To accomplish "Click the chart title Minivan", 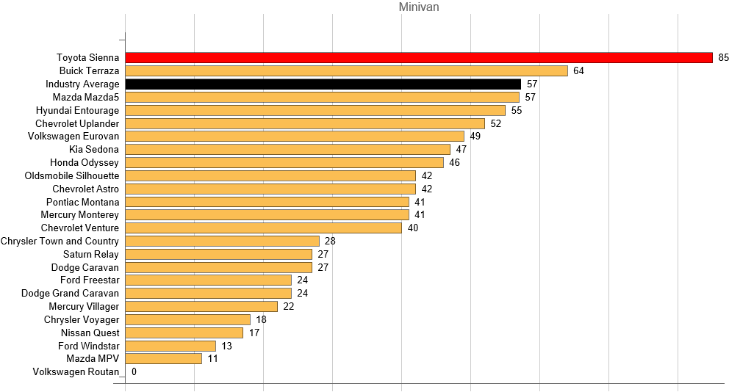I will pyautogui.click(x=419, y=7).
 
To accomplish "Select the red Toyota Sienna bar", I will pyautogui.click(x=419, y=58).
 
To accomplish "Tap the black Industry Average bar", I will pyautogui.click(x=323, y=84).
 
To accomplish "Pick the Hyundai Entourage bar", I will pyautogui.click(x=315, y=110).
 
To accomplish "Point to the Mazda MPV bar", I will pyautogui.click(x=164, y=359).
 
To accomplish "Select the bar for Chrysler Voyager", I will pyautogui.click(x=188, y=320).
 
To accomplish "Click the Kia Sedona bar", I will pyautogui.click(x=288, y=150).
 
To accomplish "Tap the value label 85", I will pyautogui.click(x=723, y=58).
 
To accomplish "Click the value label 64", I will pyautogui.click(x=578, y=71).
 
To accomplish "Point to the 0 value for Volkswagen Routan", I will pyautogui.click(x=134, y=372).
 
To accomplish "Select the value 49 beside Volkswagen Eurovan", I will pyautogui.click(x=475, y=137).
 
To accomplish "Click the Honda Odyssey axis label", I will pyautogui.click(x=85, y=163).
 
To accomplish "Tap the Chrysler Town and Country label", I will pyautogui.click(x=60, y=242).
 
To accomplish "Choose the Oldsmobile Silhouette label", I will pyautogui.click(x=72, y=176).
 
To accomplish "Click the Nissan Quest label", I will pyautogui.click(x=91, y=333).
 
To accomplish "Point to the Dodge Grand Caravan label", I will pyautogui.click(x=70, y=294).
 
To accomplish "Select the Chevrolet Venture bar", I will pyautogui.click(x=264, y=228).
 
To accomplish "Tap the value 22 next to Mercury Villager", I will pyautogui.click(x=288, y=307).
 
